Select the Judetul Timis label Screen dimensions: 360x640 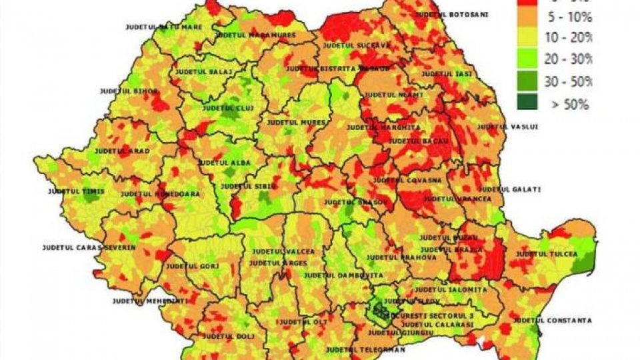coord(76,191)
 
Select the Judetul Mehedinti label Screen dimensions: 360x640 coord(150,301)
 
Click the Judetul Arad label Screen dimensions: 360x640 coord(122,151)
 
